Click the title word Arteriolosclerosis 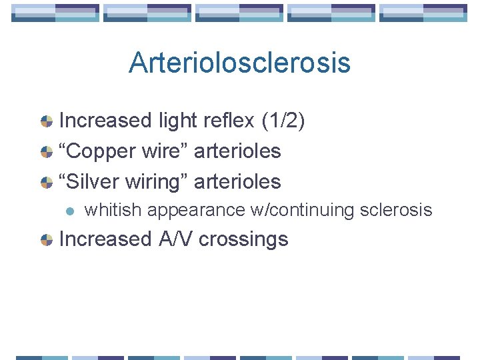[x=239, y=63]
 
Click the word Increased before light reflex [x=106, y=120]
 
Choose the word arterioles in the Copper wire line [x=237, y=151]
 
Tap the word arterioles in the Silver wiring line [x=237, y=181]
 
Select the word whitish [x=113, y=210]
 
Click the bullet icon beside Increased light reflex [x=47, y=121]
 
